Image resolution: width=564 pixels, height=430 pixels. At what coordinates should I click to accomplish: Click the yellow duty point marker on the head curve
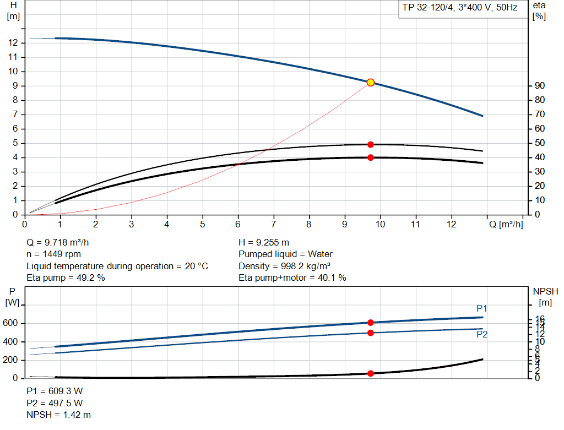pyautogui.click(x=371, y=83)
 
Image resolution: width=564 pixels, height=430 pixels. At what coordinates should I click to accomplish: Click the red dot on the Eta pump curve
pyautogui.click(x=371, y=144)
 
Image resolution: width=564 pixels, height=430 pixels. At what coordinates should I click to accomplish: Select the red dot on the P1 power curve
pyautogui.click(x=371, y=323)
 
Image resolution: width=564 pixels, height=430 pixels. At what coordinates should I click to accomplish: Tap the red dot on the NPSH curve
pyautogui.click(x=371, y=373)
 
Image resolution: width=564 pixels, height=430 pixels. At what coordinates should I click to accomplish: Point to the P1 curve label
pyautogui.click(x=482, y=308)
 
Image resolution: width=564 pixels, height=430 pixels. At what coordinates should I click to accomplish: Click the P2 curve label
pyautogui.click(x=482, y=334)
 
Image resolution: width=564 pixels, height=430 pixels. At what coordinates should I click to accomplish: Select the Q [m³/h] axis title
pyautogui.click(x=505, y=225)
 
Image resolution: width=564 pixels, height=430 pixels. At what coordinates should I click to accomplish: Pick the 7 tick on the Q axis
pyautogui.click(x=274, y=225)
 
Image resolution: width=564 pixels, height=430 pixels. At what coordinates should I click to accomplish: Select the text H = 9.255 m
pyautogui.click(x=264, y=242)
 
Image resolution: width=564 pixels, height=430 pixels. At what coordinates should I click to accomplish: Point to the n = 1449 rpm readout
pyautogui.click(x=54, y=254)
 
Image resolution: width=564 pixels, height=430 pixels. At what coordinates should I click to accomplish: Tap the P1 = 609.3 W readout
pyautogui.click(x=55, y=391)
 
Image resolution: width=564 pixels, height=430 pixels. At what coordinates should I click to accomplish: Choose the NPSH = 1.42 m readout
pyautogui.click(x=59, y=415)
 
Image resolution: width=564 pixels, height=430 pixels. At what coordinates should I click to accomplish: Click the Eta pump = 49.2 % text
pyautogui.click(x=66, y=277)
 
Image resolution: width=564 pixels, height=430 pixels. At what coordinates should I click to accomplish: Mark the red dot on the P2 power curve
pyautogui.click(x=371, y=333)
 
